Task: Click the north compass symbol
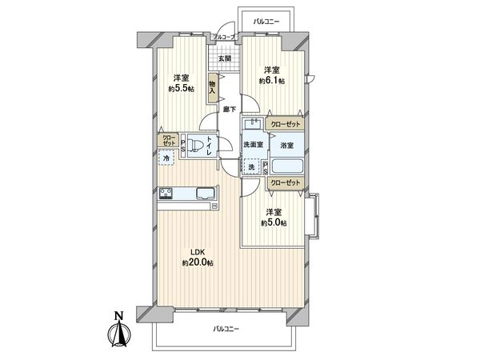(x=118, y=330)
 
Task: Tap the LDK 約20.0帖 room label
(x=196, y=257)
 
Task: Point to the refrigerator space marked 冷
(x=166, y=158)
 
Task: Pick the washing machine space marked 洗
(x=252, y=167)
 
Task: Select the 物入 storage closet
(x=213, y=86)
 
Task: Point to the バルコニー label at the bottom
(x=227, y=328)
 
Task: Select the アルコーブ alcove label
(x=223, y=38)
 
